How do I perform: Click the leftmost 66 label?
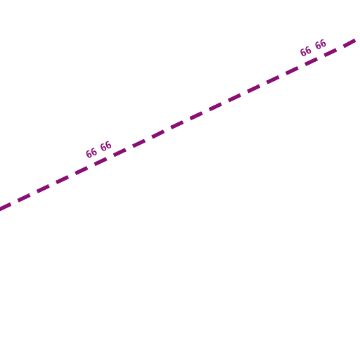(91, 153)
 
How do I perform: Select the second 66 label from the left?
(106, 146)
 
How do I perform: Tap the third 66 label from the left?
(306, 51)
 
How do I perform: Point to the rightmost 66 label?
(321, 44)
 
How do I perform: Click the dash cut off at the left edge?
(6, 207)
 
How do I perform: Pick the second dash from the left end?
(24, 198)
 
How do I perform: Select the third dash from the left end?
(44, 189)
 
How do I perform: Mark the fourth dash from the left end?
(63, 180)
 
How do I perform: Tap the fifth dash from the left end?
(82, 171)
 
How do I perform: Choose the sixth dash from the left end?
(101, 162)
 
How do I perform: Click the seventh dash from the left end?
(120, 153)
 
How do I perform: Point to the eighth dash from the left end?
(139, 143)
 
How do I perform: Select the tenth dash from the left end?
(177, 125)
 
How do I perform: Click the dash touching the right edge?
(349, 44)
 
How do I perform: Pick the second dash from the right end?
(330, 53)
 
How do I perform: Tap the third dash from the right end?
(311, 62)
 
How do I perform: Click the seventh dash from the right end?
(235, 98)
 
